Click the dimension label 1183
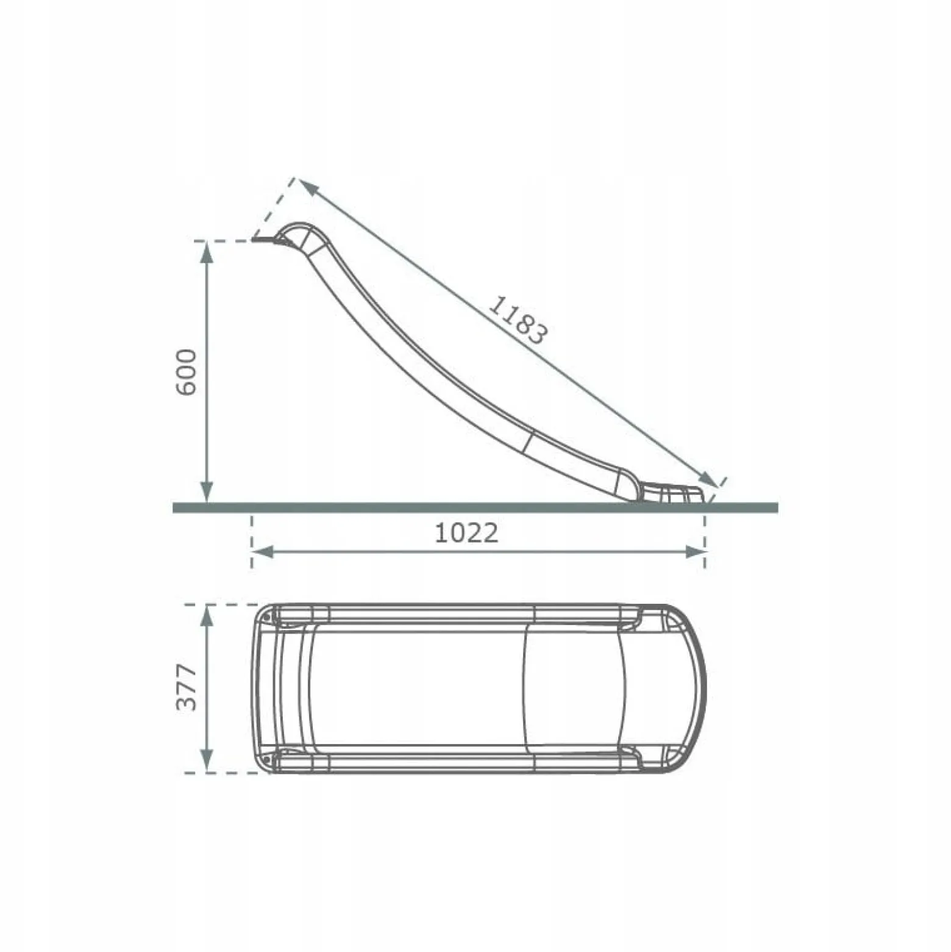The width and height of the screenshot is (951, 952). [518, 320]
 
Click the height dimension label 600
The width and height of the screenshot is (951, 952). [187, 372]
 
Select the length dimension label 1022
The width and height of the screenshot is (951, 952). [466, 533]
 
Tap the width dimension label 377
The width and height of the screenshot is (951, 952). [187, 687]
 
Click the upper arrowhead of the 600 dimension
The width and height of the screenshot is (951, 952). [207, 251]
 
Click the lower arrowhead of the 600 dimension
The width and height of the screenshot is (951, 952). [207, 492]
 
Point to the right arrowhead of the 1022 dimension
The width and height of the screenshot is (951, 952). [696, 552]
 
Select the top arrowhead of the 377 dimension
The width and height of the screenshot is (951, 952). [207, 615]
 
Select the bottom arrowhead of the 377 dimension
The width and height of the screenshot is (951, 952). [207, 762]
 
